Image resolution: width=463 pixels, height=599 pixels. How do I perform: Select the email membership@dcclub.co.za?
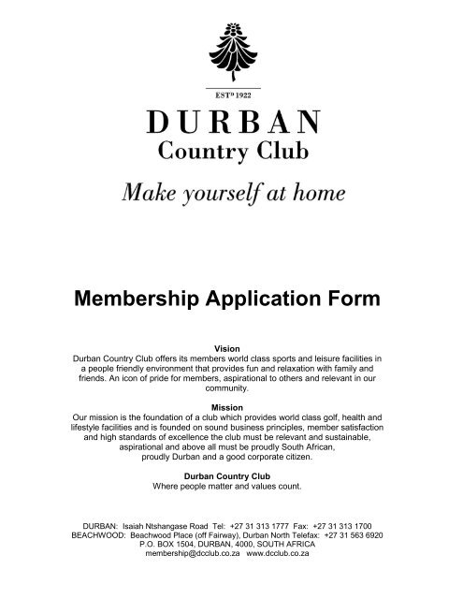coord(190,553)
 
